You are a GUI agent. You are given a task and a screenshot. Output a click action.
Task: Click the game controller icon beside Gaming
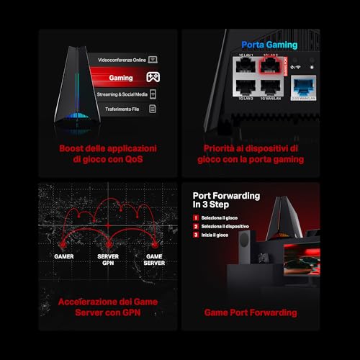tap(153, 76)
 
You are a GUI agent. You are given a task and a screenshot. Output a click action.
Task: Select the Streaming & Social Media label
tap(122, 94)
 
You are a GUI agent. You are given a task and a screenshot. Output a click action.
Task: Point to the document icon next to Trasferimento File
tap(153, 109)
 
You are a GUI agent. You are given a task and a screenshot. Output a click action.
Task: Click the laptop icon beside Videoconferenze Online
tap(153, 58)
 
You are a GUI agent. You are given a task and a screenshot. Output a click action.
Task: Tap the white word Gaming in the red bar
tap(120, 76)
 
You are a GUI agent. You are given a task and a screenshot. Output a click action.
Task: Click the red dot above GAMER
tap(63, 243)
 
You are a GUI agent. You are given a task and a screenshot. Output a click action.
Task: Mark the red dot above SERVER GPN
tap(108, 243)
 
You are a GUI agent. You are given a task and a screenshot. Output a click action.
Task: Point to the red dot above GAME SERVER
tap(153, 243)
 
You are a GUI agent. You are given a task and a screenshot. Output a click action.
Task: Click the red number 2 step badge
tap(196, 226)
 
